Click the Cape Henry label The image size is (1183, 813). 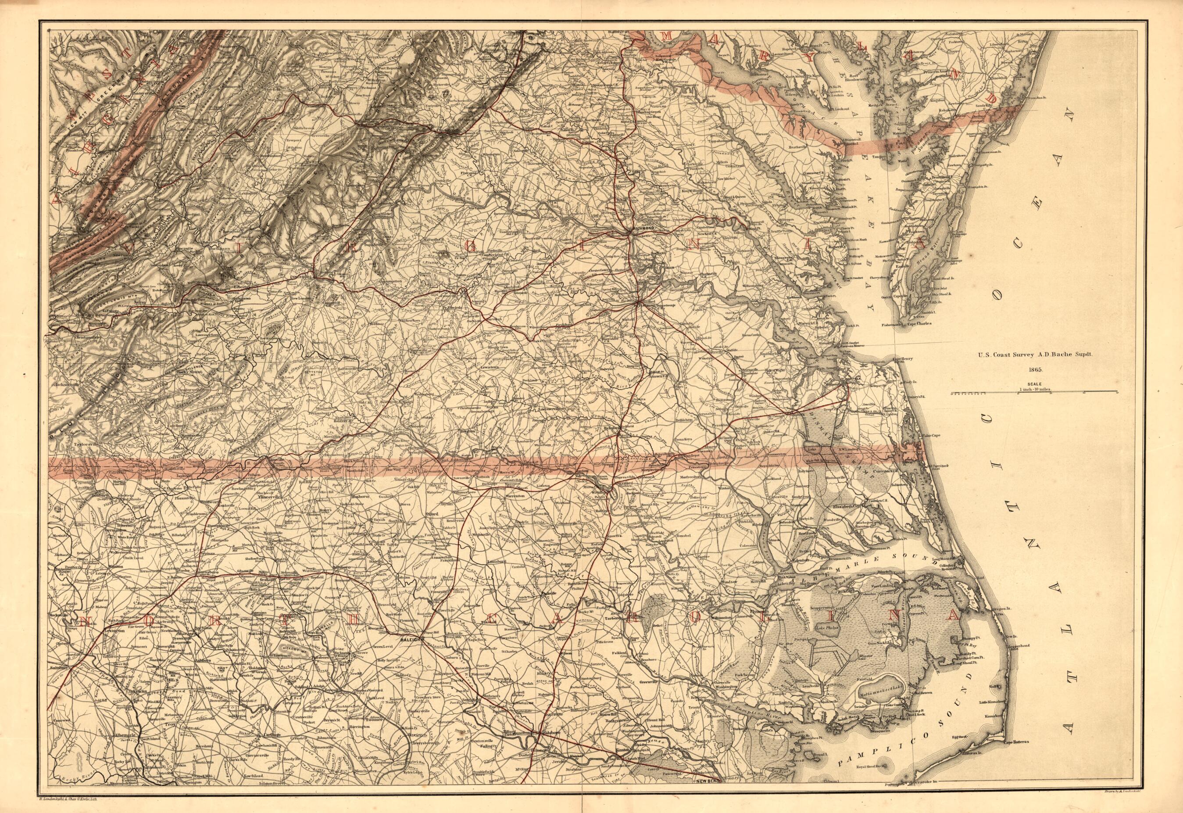(x=902, y=358)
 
